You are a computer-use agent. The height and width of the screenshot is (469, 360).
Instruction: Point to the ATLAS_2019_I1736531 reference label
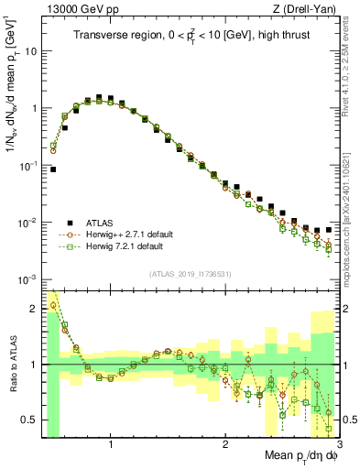tap(190, 273)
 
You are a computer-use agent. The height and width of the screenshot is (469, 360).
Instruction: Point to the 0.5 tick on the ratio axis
tap(29, 420)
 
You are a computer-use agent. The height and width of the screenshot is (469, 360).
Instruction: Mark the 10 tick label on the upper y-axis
tap(29, 51)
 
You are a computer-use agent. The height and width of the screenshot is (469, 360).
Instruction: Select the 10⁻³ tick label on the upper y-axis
tap(27, 279)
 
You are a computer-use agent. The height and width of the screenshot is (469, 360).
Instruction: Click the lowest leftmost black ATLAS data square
tap(54, 169)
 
